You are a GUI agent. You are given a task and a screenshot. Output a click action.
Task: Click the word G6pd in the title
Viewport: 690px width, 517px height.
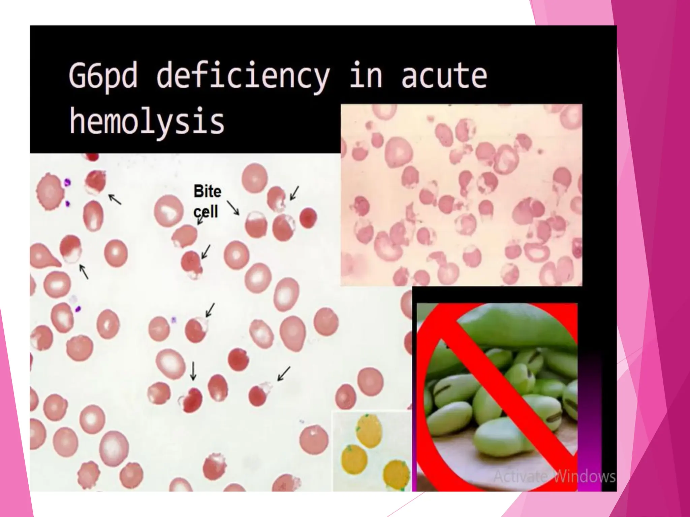(x=102, y=76)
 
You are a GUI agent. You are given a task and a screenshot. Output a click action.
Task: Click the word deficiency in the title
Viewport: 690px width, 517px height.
(x=243, y=76)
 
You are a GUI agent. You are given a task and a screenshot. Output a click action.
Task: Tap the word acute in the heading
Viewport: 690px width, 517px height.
(x=444, y=76)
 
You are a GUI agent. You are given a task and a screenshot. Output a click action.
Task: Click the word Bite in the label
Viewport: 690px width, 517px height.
(x=207, y=192)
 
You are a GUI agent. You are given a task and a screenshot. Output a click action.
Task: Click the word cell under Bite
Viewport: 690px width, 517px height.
(x=206, y=212)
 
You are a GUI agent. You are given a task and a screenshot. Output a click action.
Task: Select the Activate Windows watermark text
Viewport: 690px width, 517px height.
(x=554, y=477)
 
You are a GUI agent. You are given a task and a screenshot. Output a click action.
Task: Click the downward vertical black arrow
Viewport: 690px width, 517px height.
(x=193, y=371)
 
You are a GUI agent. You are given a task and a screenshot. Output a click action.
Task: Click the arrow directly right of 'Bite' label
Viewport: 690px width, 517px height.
(x=232, y=208)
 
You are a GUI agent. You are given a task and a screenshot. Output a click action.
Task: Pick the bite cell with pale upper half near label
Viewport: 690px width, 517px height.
(x=256, y=225)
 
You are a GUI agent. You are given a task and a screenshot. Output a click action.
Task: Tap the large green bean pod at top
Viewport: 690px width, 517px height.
(x=515, y=323)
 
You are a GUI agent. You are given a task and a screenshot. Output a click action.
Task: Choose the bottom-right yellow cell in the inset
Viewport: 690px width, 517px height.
(x=397, y=473)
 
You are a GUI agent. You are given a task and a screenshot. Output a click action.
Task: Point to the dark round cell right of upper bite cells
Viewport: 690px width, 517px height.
(x=308, y=218)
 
